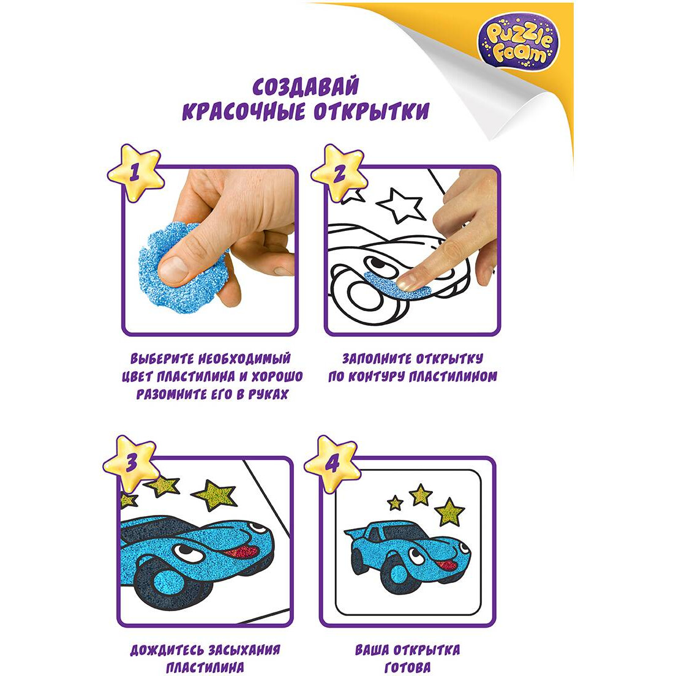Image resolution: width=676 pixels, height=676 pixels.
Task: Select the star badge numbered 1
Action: (135, 173)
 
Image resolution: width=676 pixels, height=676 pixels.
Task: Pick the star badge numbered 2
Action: (339, 173)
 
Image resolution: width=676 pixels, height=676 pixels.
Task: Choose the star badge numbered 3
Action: (131, 464)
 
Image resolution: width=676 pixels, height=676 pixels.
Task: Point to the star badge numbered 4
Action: (332, 464)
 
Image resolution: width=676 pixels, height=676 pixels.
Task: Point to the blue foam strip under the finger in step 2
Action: (393, 285)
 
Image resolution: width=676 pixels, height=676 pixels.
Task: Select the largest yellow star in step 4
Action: (449, 513)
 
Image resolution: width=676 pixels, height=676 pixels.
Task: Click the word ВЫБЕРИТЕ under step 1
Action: (164, 359)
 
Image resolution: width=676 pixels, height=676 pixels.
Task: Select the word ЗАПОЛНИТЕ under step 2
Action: (377, 359)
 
